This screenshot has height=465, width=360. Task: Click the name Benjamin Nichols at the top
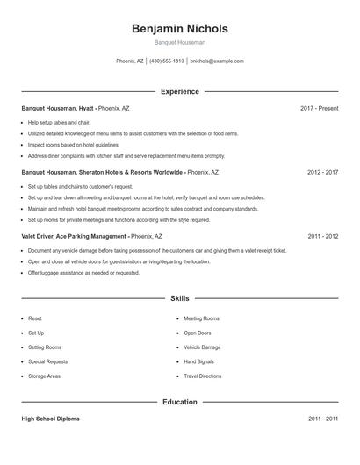tap(179, 29)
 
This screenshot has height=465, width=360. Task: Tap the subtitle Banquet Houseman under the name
tap(179, 42)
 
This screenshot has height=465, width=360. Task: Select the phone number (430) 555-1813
tap(167, 61)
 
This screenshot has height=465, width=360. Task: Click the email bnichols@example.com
tap(217, 61)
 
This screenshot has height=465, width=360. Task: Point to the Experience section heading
tap(179, 91)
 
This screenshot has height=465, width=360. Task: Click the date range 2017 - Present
tap(319, 108)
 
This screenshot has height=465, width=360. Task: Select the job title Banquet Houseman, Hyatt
tap(58, 108)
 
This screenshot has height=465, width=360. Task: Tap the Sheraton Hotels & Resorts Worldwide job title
tap(102, 173)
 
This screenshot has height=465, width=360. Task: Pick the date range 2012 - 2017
tap(322, 173)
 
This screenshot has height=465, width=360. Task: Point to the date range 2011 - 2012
tap(322, 236)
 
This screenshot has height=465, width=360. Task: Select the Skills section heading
tap(179, 299)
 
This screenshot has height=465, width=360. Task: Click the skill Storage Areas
tap(44, 376)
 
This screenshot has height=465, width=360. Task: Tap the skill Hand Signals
tap(200, 361)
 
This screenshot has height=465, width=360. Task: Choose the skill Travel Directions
tap(203, 376)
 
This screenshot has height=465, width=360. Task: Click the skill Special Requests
tap(47, 361)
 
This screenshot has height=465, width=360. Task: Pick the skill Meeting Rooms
tap(201, 318)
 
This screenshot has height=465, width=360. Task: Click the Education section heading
tap(179, 402)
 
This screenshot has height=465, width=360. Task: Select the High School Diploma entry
tap(50, 419)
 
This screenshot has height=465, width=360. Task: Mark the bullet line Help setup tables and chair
tap(59, 123)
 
